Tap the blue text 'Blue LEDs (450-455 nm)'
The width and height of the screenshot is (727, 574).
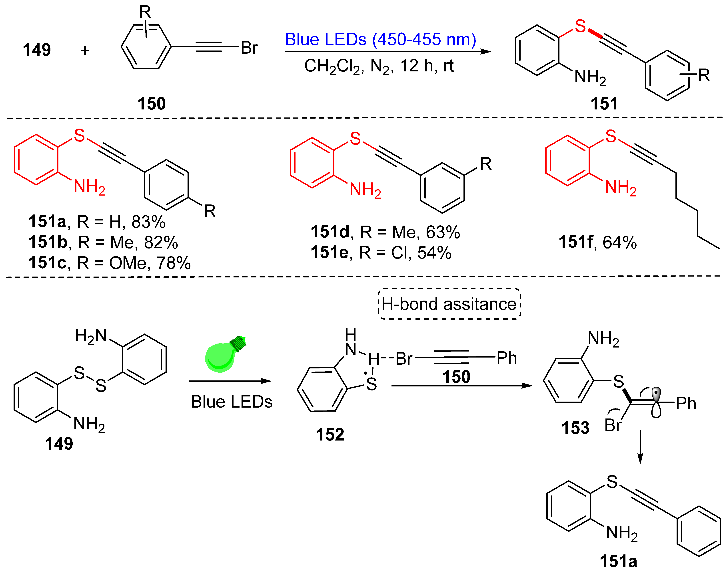click(380, 39)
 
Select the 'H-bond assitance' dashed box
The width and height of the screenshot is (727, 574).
click(449, 304)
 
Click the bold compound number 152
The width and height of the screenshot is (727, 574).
click(330, 434)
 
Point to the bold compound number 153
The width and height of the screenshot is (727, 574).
click(575, 428)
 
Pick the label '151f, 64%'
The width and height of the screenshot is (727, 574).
click(597, 242)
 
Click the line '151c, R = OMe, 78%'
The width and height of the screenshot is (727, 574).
click(109, 263)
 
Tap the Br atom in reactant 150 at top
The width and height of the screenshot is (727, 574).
click(249, 48)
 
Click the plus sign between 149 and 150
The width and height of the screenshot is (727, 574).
click(85, 51)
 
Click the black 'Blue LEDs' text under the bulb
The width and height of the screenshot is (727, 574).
click(232, 402)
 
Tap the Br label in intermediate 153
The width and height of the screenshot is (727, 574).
click(613, 425)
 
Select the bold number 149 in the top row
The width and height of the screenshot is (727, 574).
click(37, 50)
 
